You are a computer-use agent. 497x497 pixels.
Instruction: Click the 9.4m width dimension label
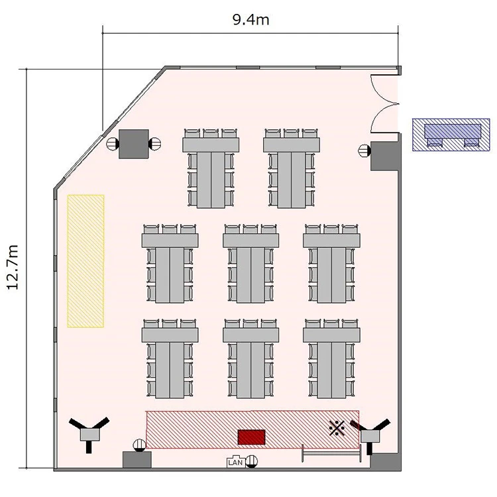click(x=250, y=20)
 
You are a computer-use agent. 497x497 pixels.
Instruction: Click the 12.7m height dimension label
click(x=13, y=267)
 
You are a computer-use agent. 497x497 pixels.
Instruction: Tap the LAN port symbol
click(x=235, y=462)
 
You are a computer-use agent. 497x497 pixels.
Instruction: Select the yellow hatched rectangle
click(x=85, y=261)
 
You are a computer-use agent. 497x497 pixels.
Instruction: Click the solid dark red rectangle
click(x=251, y=437)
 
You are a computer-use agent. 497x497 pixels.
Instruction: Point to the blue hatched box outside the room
click(x=451, y=135)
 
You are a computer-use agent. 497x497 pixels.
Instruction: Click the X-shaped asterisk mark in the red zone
click(x=337, y=428)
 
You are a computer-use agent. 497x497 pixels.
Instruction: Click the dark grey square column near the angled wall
click(x=133, y=144)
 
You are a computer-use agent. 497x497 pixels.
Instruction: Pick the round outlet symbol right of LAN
click(x=252, y=461)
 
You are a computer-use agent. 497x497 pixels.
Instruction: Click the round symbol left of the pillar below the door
click(x=364, y=150)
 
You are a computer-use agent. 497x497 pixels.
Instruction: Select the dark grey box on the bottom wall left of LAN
click(x=137, y=460)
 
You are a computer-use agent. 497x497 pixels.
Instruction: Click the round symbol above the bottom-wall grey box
click(x=139, y=445)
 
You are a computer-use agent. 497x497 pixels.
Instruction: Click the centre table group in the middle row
click(x=250, y=263)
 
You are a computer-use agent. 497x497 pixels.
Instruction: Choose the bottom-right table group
click(x=331, y=359)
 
